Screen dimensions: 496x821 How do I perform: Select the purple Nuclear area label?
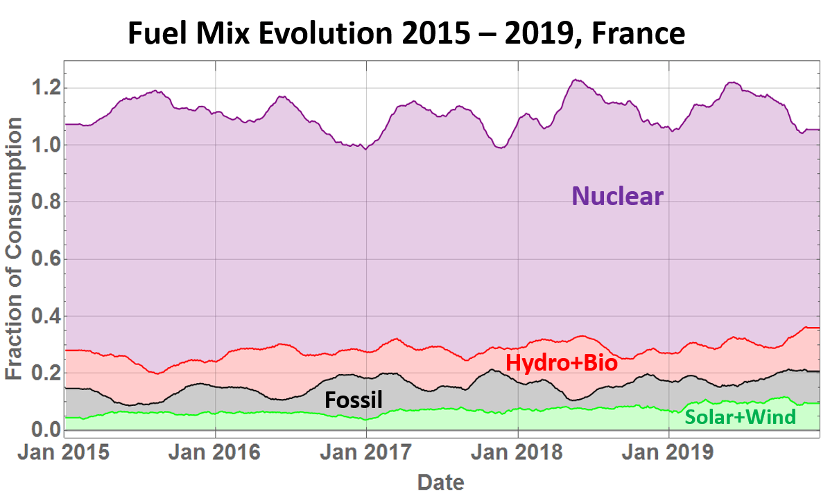pos(617,197)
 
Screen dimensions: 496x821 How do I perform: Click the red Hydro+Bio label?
pos(561,362)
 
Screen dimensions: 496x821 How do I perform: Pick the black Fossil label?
pos(354,400)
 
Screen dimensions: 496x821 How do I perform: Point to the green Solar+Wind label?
pos(740,417)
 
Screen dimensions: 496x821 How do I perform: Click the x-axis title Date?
pos(440,481)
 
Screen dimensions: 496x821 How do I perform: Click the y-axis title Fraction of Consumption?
pos(15,248)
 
